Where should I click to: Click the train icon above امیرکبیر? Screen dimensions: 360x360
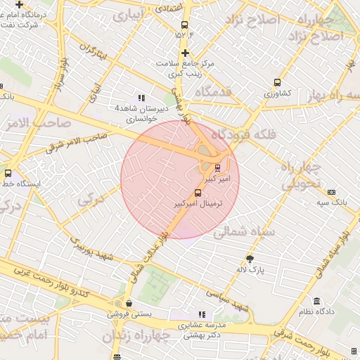click(217, 167)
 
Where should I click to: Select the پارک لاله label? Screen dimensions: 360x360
click(250, 269)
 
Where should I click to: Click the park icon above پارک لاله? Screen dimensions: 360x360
click(250, 259)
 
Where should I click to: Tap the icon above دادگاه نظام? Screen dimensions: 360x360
click(316, 301)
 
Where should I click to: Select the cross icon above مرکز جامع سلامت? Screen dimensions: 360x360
click(184, 53)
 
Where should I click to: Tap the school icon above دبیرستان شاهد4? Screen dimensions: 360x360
click(141, 98)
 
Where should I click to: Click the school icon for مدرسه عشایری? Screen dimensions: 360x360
click(202, 314)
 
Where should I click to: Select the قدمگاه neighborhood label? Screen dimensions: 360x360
click(213, 91)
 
